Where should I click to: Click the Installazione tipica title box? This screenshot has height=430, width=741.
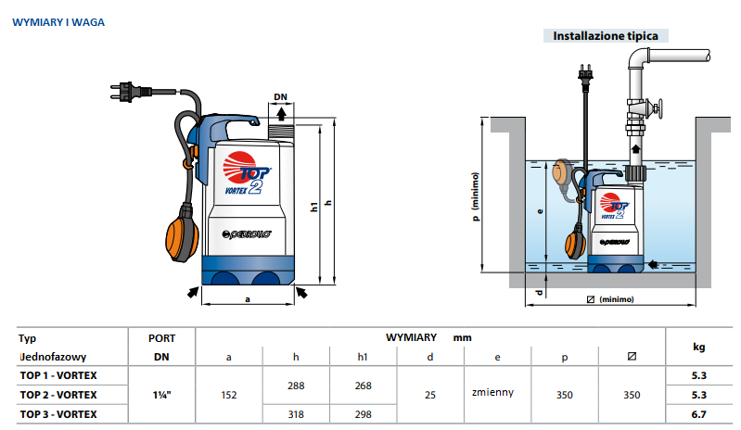pyautogui.click(x=606, y=36)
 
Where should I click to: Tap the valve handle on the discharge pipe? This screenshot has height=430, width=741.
pyautogui.click(x=658, y=110)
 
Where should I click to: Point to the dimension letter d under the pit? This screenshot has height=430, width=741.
pyautogui.click(x=539, y=293)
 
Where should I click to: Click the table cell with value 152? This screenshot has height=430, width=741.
pyautogui.click(x=229, y=395)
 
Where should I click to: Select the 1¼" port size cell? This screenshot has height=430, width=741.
pyautogui.click(x=160, y=395)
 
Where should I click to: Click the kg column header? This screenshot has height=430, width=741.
pyautogui.click(x=698, y=347)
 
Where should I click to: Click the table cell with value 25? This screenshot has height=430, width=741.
pyautogui.click(x=429, y=395)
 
